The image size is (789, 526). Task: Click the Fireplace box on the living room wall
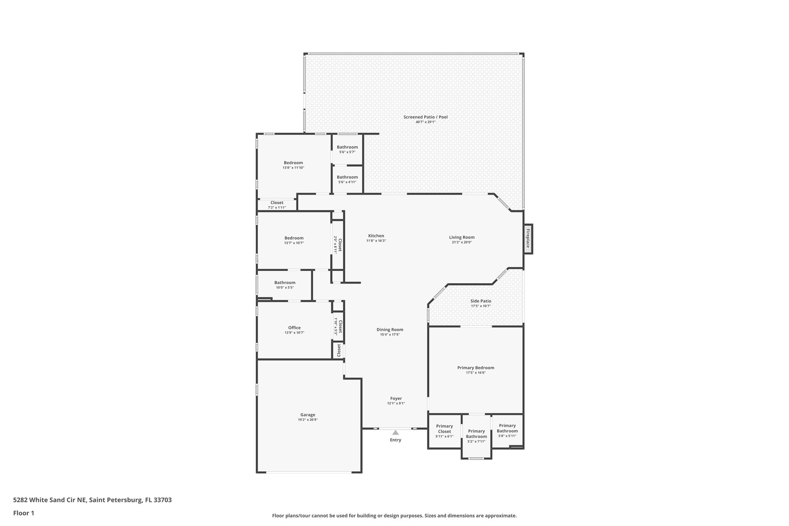click(528, 239)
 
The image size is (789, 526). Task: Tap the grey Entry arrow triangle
click(395, 432)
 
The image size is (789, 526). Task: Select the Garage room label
click(308, 415)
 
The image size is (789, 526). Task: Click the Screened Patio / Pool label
click(425, 117)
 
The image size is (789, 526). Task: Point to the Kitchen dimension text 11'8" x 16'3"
click(376, 241)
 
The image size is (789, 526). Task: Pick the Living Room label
click(462, 237)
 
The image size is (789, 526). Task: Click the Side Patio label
click(480, 301)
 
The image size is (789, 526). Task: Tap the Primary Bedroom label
click(475, 368)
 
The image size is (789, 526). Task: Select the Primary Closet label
click(444, 429)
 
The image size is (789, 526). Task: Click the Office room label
click(294, 328)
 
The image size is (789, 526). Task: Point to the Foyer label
click(396, 398)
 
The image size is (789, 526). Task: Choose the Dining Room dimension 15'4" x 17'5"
click(389, 334)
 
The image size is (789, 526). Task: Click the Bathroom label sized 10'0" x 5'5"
click(285, 282)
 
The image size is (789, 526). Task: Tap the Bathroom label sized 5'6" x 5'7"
click(347, 147)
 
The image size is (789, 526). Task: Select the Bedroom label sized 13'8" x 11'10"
click(293, 163)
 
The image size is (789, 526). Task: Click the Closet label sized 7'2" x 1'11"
click(277, 203)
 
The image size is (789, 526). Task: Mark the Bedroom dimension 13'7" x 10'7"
click(294, 243)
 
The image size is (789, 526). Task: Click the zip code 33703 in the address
click(163, 500)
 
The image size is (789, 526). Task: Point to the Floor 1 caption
click(24, 513)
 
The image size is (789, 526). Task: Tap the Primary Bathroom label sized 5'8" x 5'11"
click(507, 428)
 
